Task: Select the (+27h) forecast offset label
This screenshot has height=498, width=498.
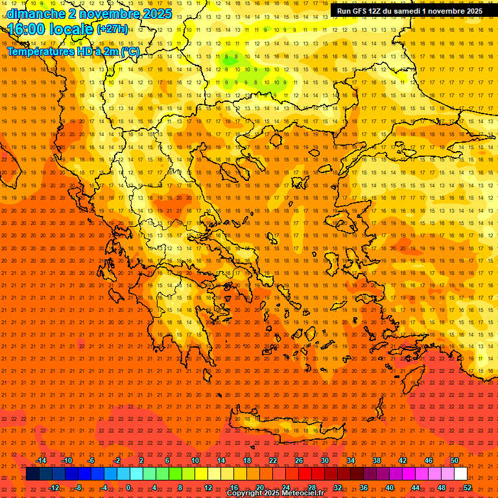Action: tap(112, 29)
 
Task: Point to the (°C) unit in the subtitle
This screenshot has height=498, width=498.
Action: tap(129, 51)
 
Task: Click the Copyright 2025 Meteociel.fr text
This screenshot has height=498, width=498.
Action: tap(275, 493)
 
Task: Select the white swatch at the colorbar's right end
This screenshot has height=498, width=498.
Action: tap(460, 474)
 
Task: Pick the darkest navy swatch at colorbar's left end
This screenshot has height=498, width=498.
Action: tap(32, 474)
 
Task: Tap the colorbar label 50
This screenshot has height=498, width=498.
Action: tap(455, 460)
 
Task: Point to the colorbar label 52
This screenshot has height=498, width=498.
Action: tap(468, 487)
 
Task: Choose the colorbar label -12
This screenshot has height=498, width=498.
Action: tap(54, 487)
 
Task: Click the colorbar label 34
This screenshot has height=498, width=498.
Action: tap(351, 460)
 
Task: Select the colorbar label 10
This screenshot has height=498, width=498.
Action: tap(195, 460)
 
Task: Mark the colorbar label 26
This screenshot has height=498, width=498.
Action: tap(299, 460)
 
